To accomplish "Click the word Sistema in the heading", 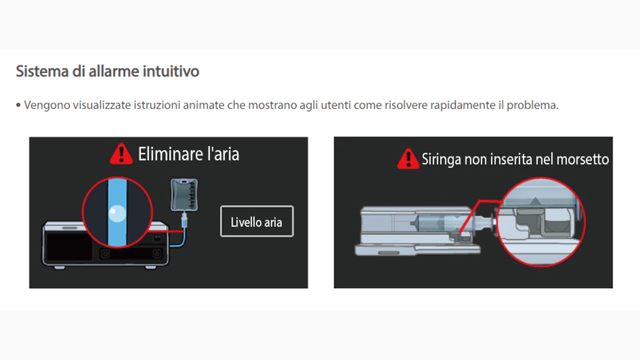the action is coord(42,71).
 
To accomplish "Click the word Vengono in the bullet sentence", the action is coord(47,105).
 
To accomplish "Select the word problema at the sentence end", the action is coord(532,105).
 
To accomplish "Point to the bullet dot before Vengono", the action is coord(18,105).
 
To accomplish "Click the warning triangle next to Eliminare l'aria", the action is coord(121,154).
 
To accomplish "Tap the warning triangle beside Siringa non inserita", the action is coord(408,159).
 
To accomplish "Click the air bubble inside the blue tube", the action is coord(117,213).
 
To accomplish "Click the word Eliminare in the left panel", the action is coord(171,154).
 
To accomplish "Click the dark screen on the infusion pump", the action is coord(69,247).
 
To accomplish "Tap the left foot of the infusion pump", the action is coord(59,267).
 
